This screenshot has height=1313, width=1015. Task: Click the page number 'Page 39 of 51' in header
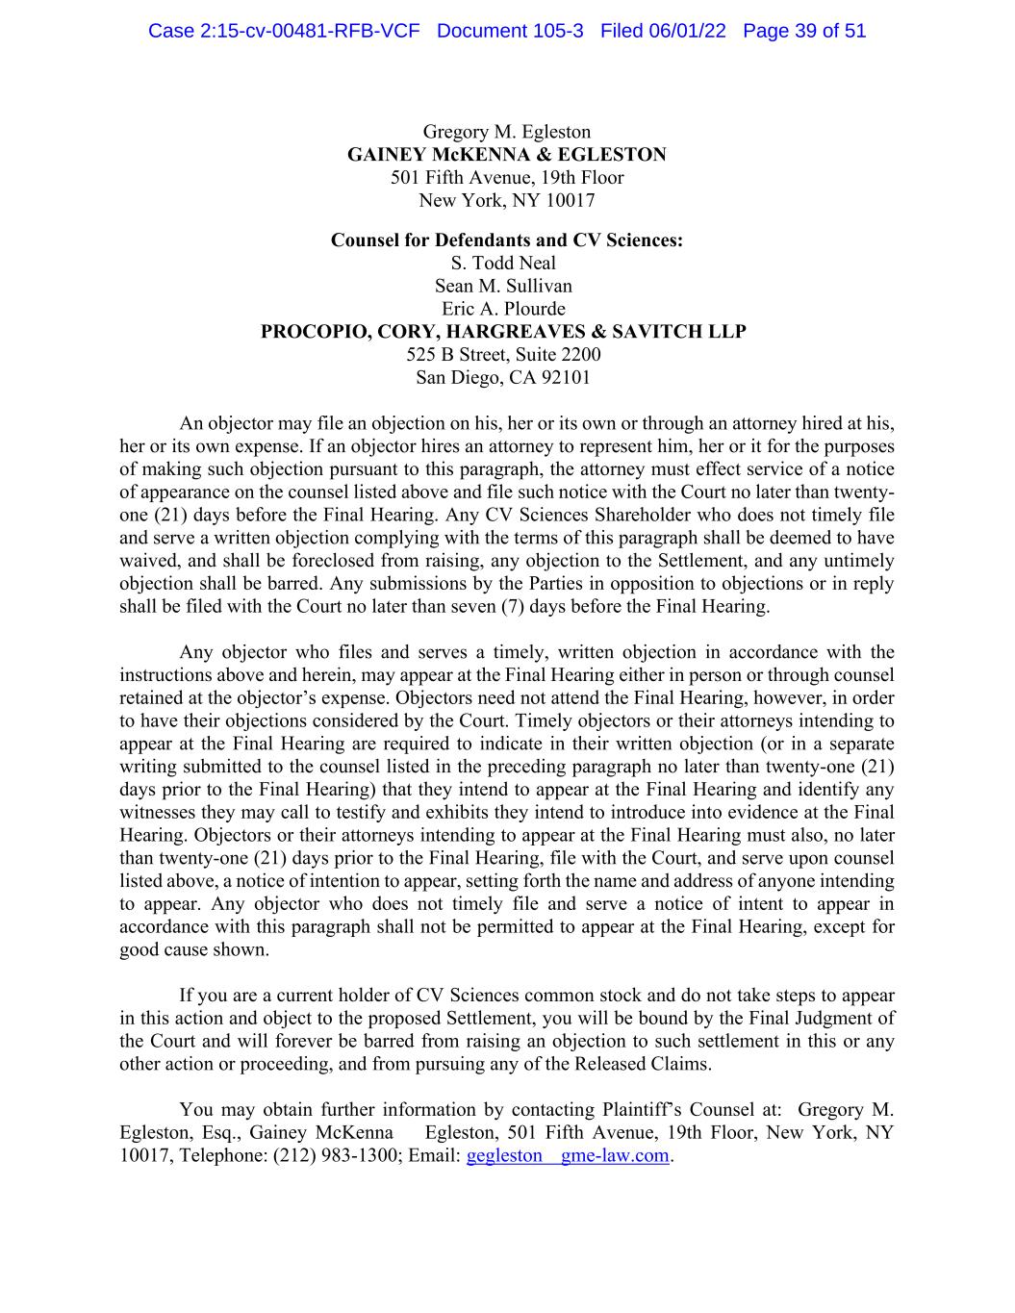click(804, 31)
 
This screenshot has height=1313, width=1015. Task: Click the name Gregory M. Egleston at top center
click(507, 132)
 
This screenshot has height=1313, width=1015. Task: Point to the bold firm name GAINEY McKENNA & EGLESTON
click(507, 155)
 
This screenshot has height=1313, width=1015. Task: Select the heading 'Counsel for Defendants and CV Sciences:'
click(507, 240)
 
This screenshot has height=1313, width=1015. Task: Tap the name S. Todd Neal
click(503, 263)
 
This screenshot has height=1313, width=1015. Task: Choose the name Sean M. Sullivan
click(503, 286)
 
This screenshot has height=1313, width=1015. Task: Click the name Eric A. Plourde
click(503, 309)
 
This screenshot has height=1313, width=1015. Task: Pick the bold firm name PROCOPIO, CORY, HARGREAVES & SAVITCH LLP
click(503, 332)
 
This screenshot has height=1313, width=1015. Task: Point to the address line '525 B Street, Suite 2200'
click(503, 355)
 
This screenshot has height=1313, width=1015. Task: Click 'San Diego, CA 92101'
click(503, 377)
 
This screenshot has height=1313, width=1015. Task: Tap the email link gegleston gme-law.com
click(567, 1155)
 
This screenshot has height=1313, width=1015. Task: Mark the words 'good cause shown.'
click(194, 949)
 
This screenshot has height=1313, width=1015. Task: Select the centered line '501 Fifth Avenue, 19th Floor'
click(507, 178)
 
